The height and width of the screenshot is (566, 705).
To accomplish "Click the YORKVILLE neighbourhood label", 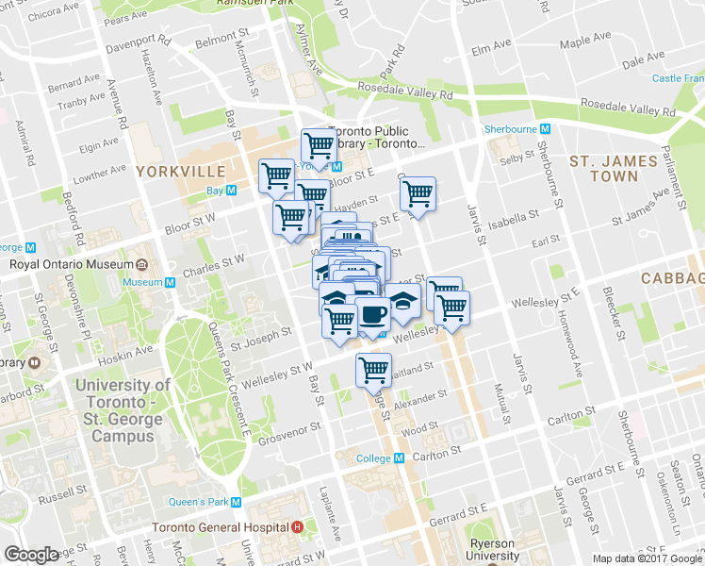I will tap(181, 172).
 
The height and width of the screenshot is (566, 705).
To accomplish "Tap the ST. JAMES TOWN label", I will tap(614, 169).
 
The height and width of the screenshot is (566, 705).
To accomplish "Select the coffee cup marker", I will tap(371, 313).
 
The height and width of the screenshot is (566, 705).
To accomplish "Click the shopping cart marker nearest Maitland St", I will tap(374, 369).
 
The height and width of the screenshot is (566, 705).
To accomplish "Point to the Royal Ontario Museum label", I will tap(73, 264).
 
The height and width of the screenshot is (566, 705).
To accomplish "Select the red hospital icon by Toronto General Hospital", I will tap(298, 526).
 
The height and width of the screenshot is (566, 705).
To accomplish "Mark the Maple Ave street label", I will tap(585, 42).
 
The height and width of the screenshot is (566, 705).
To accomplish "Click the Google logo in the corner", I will tap(31, 554).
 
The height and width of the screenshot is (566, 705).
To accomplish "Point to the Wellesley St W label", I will tap(277, 370).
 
